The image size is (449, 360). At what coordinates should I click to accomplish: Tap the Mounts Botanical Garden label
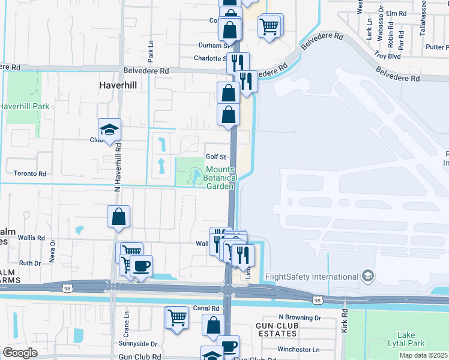coord(220,178)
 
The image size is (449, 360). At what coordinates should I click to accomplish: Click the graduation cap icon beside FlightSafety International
coord(368,276)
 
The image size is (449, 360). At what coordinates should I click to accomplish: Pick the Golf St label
coord(215,157)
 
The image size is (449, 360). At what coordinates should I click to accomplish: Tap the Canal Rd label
coord(206,308)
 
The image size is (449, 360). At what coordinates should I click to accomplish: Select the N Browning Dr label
coord(300,317)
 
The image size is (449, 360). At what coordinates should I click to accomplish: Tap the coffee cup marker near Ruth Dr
coord(141,265)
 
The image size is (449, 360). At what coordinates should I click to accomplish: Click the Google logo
coord(20,353)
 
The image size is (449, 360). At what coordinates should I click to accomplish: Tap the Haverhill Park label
coord(24,106)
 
